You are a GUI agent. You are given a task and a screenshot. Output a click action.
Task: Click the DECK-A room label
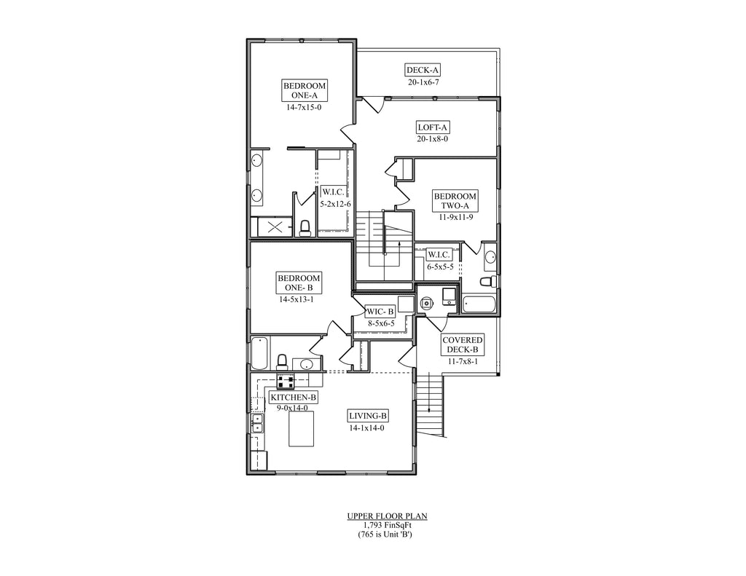click(x=423, y=71)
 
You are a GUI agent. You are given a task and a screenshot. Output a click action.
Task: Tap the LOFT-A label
click(x=433, y=127)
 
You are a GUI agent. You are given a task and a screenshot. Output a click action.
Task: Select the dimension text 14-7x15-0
click(x=304, y=108)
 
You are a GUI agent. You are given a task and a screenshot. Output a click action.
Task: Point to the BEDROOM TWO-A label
click(x=455, y=201)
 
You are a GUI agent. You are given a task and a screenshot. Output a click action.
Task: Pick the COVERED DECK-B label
click(x=463, y=345)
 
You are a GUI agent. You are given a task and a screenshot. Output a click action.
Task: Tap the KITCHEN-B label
click(x=294, y=397)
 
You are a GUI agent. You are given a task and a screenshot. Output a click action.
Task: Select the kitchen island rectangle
click(x=302, y=429)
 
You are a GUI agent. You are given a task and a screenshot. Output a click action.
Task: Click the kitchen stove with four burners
click(x=286, y=381)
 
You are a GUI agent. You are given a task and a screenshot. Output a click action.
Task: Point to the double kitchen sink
click(x=257, y=423)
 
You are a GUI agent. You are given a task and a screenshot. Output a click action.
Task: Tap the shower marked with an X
click(x=275, y=227)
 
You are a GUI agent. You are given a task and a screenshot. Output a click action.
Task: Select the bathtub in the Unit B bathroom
click(x=259, y=353)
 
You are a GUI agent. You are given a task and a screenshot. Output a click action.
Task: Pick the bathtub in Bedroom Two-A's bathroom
click(x=479, y=304)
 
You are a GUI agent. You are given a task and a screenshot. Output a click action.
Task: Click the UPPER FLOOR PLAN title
click(x=387, y=516)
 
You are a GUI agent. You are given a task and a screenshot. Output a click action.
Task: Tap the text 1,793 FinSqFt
click(x=387, y=525)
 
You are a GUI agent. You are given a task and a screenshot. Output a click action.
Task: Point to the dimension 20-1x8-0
click(x=433, y=139)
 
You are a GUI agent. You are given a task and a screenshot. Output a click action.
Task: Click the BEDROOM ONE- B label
click(x=299, y=283)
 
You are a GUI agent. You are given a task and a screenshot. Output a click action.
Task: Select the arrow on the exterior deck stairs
click(x=430, y=393)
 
